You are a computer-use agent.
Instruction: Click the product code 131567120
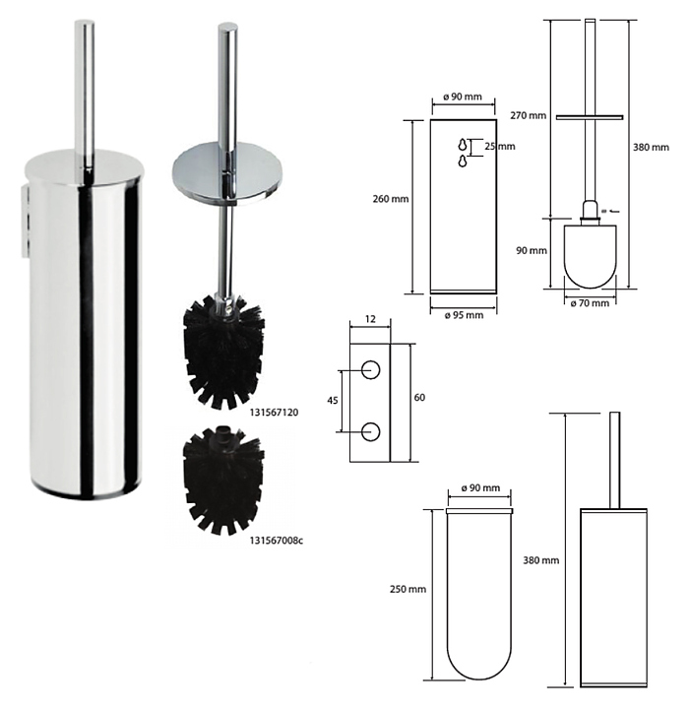[x=274, y=413]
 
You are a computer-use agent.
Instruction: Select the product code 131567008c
[x=276, y=541]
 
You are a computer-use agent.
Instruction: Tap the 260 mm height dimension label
[x=391, y=199]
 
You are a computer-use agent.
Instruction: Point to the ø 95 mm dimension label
[x=464, y=315]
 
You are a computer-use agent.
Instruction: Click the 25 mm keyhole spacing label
[x=500, y=147]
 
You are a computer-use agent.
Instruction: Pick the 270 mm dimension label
[x=529, y=116]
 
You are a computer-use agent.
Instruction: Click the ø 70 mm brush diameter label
[x=590, y=303]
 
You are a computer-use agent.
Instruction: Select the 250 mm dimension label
[x=408, y=589]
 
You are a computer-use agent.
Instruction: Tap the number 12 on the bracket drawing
[x=370, y=319]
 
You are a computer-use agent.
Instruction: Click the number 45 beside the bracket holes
[x=332, y=401]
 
